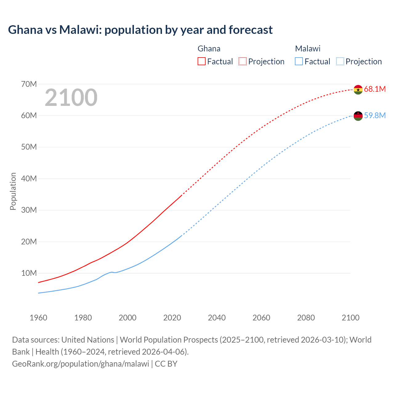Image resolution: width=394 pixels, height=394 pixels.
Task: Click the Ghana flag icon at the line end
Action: (358, 90)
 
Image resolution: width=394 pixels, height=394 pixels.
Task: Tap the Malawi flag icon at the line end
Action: (358, 116)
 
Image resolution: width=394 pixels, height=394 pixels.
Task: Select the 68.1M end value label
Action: (375, 89)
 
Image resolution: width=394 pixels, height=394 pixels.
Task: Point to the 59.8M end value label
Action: (375, 116)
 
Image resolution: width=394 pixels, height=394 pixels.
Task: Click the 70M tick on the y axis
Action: (29, 84)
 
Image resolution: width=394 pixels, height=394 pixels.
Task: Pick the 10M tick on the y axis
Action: (29, 273)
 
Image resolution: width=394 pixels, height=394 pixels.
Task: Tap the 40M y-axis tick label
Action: (29, 179)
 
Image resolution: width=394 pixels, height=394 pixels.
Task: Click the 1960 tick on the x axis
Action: (38, 318)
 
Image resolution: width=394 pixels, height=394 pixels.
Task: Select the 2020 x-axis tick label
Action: (172, 318)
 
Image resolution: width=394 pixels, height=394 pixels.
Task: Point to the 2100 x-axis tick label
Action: (350, 318)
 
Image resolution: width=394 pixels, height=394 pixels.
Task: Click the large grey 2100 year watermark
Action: (71, 98)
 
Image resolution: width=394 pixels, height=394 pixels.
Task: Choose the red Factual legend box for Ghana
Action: (202, 61)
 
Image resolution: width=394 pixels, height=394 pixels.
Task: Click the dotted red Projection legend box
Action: (243, 61)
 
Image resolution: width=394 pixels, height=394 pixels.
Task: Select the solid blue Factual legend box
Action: (299, 61)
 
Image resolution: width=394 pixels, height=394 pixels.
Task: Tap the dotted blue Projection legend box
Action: (340, 61)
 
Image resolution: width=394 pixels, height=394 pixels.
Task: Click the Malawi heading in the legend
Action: (308, 49)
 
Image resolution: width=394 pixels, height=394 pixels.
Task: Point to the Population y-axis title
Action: (13, 191)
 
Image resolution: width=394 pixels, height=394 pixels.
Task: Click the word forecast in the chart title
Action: (251, 30)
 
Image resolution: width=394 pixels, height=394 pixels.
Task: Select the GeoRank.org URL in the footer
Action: (81, 364)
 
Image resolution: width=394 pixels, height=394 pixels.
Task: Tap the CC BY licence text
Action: (166, 364)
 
